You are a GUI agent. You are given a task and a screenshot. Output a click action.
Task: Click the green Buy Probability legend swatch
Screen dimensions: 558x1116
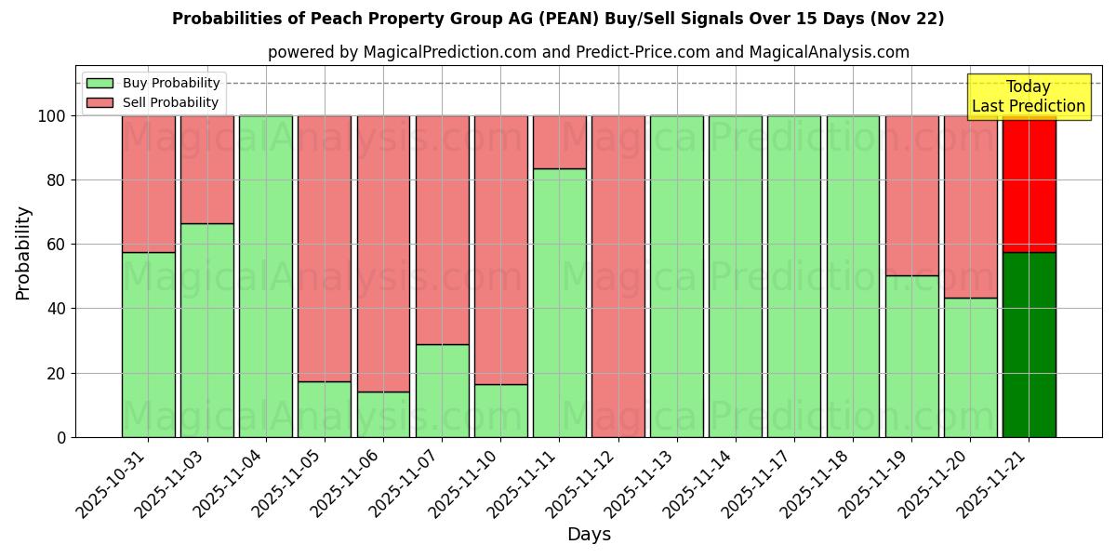tap(100, 84)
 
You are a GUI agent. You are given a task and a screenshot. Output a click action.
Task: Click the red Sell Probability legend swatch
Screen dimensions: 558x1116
tap(100, 103)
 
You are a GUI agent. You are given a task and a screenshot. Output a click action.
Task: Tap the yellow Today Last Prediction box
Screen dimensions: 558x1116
tap(1028, 97)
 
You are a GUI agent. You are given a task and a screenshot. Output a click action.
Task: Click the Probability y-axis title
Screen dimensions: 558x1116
tap(23, 253)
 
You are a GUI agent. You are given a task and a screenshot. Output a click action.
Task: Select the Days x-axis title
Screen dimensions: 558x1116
tap(589, 535)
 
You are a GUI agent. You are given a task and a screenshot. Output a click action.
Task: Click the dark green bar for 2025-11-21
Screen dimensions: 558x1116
tap(1029, 344)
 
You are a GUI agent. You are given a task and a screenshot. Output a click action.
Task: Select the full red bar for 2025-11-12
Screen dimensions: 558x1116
tap(618, 276)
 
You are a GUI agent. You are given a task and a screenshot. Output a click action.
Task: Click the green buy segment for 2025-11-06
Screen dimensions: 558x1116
tap(383, 414)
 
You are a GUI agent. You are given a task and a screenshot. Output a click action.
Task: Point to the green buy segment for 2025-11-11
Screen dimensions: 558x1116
tap(559, 302)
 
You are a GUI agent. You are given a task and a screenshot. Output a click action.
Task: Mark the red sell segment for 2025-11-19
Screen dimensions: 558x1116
tap(911, 195)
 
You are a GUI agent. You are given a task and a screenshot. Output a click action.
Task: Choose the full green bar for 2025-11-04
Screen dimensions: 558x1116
tap(265, 276)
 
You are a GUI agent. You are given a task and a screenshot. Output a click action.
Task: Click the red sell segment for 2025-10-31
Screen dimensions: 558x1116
tap(148, 184)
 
